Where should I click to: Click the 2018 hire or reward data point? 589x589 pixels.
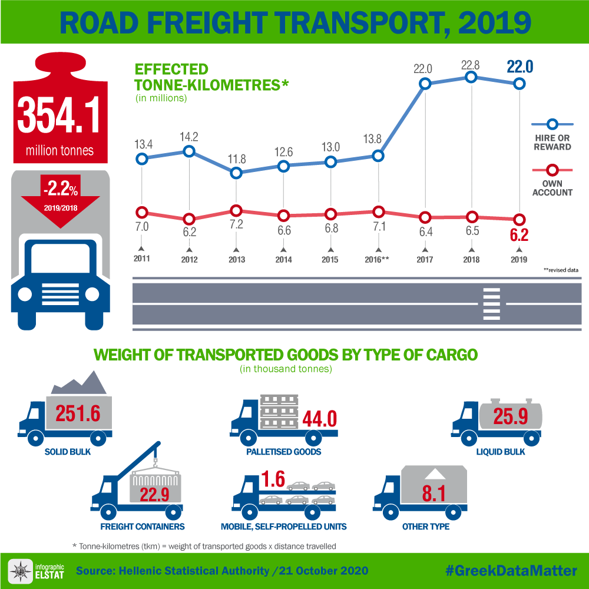coord(471,77)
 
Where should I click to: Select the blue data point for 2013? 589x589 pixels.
coord(236,173)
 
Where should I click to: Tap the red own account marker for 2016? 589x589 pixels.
coord(378,212)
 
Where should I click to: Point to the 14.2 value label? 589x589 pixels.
coord(189,137)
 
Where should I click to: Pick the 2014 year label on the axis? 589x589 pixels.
coord(283,260)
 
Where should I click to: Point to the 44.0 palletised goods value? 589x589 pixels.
coord(319,419)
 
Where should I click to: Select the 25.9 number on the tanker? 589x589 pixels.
coord(511,417)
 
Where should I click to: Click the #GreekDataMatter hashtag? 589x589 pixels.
coord(510,570)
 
